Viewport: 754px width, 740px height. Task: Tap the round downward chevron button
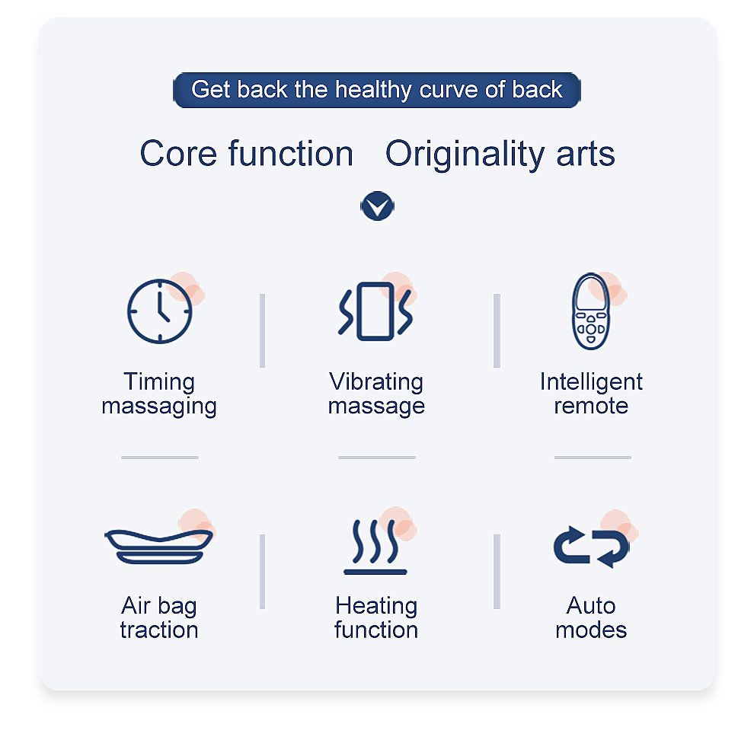click(378, 206)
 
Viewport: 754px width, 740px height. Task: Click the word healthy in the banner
click(373, 90)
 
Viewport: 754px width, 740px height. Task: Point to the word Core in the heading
click(178, 154)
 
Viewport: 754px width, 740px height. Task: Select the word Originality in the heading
click(465, 155)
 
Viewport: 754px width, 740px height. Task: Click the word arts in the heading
click(585, 155)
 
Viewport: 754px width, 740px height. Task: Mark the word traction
click(159, 630)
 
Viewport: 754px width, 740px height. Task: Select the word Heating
click(376, 607)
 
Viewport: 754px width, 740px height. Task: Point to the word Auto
click(591, 606)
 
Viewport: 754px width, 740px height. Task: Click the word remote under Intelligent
click(591, 407)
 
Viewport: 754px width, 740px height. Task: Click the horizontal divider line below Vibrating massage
click(376, 458)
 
